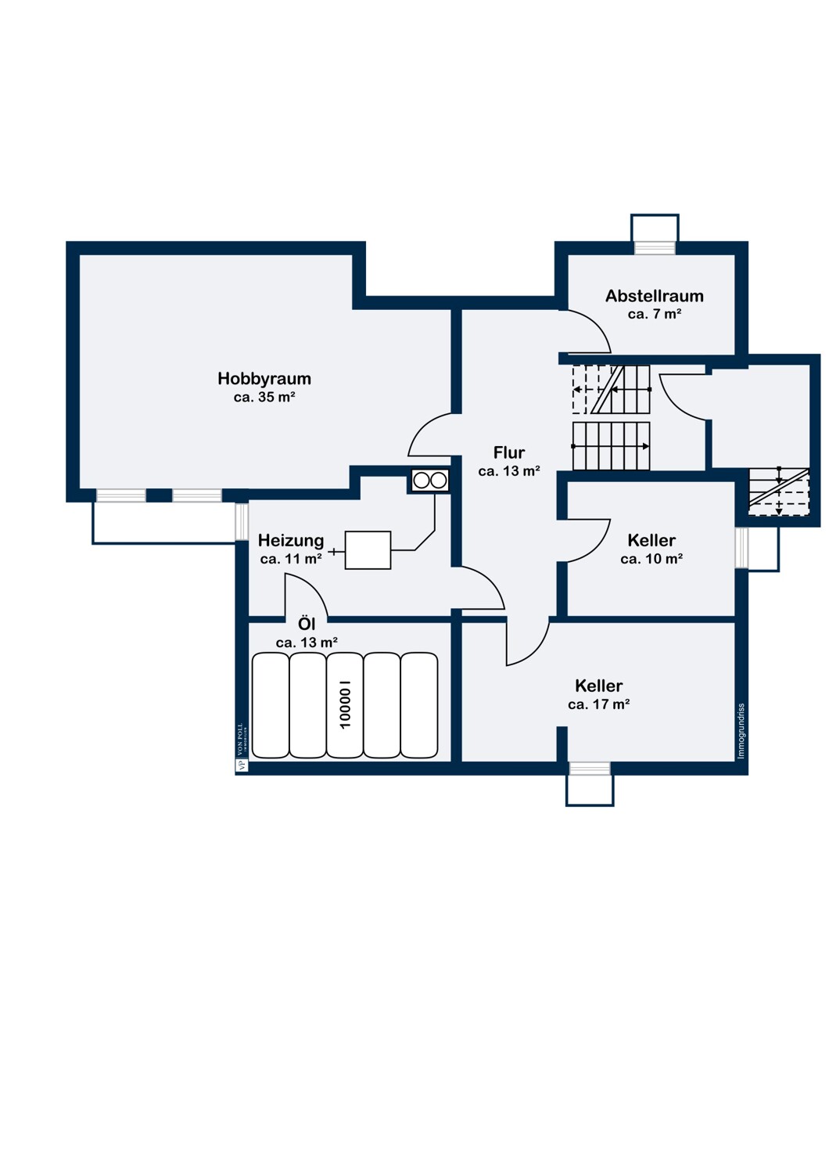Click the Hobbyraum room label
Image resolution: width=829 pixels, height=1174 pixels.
264,378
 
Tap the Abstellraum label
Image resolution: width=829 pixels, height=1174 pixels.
654,296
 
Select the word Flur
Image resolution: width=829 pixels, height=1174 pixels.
508,452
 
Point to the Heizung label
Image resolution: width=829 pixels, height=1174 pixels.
291,540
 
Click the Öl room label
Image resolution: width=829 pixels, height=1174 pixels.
307,624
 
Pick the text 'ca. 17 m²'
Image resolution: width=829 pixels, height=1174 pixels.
598,704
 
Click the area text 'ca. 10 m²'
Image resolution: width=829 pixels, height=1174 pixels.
651,559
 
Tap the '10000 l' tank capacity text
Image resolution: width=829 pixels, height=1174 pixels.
345,704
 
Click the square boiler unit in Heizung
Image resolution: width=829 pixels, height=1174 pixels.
368,549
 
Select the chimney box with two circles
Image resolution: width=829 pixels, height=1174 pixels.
429,480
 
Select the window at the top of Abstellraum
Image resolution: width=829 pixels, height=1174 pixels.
654,247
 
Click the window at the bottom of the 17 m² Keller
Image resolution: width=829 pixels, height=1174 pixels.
590,769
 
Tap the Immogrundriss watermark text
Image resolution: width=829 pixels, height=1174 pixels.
741,731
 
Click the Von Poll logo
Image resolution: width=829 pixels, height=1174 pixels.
242,747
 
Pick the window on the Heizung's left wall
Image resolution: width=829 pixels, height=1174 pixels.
242,521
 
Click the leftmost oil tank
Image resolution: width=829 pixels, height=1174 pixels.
271,705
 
